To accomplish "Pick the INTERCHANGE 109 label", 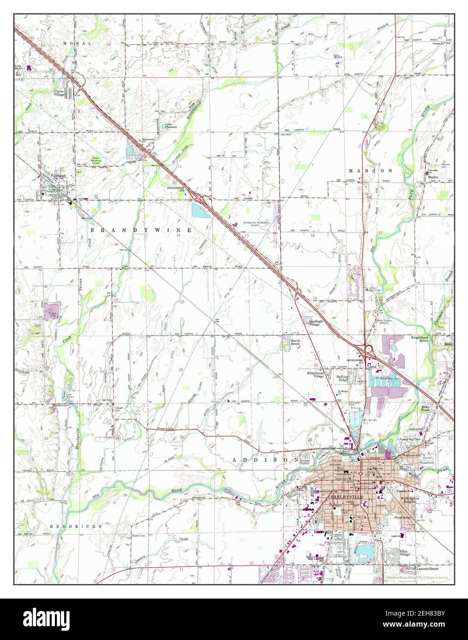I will pos(179,189).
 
